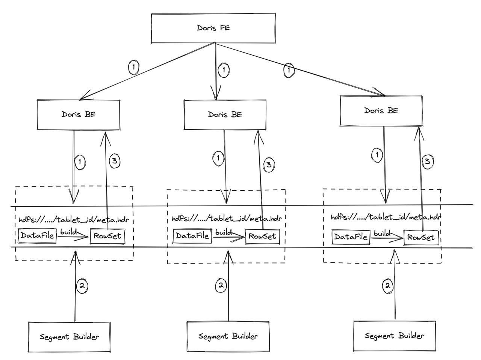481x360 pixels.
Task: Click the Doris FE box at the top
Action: (213, 28)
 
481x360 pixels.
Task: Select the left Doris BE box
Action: (79, 114)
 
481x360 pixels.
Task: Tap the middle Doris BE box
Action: (225, 114)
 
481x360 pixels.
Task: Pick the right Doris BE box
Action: (381, 111)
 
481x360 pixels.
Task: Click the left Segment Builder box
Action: (70, 337)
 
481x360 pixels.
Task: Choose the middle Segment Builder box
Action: (228, 336)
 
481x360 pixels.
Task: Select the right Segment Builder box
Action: (395, 336)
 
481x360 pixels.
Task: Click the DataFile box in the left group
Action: (37, 236)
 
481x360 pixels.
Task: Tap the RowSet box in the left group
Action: (107, 236)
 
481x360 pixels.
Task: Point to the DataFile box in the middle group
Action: (192, 236)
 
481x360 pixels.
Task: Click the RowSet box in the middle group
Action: (262, 236)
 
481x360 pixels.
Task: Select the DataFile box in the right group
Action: (351, 237)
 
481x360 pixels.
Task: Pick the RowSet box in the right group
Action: (421, 238)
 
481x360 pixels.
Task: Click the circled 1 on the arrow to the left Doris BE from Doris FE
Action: (133, 68)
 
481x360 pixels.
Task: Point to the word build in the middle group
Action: (224, 232)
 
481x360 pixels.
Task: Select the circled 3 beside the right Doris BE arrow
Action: (427, 161)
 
